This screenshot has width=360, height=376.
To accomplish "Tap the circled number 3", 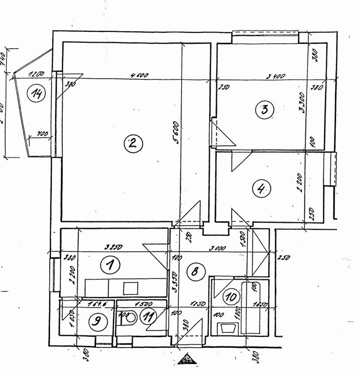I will click(x=265, y=109).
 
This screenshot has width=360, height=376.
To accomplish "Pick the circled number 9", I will click(x=97, y=322).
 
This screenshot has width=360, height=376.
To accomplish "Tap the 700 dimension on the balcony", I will click(x=42, y=134).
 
